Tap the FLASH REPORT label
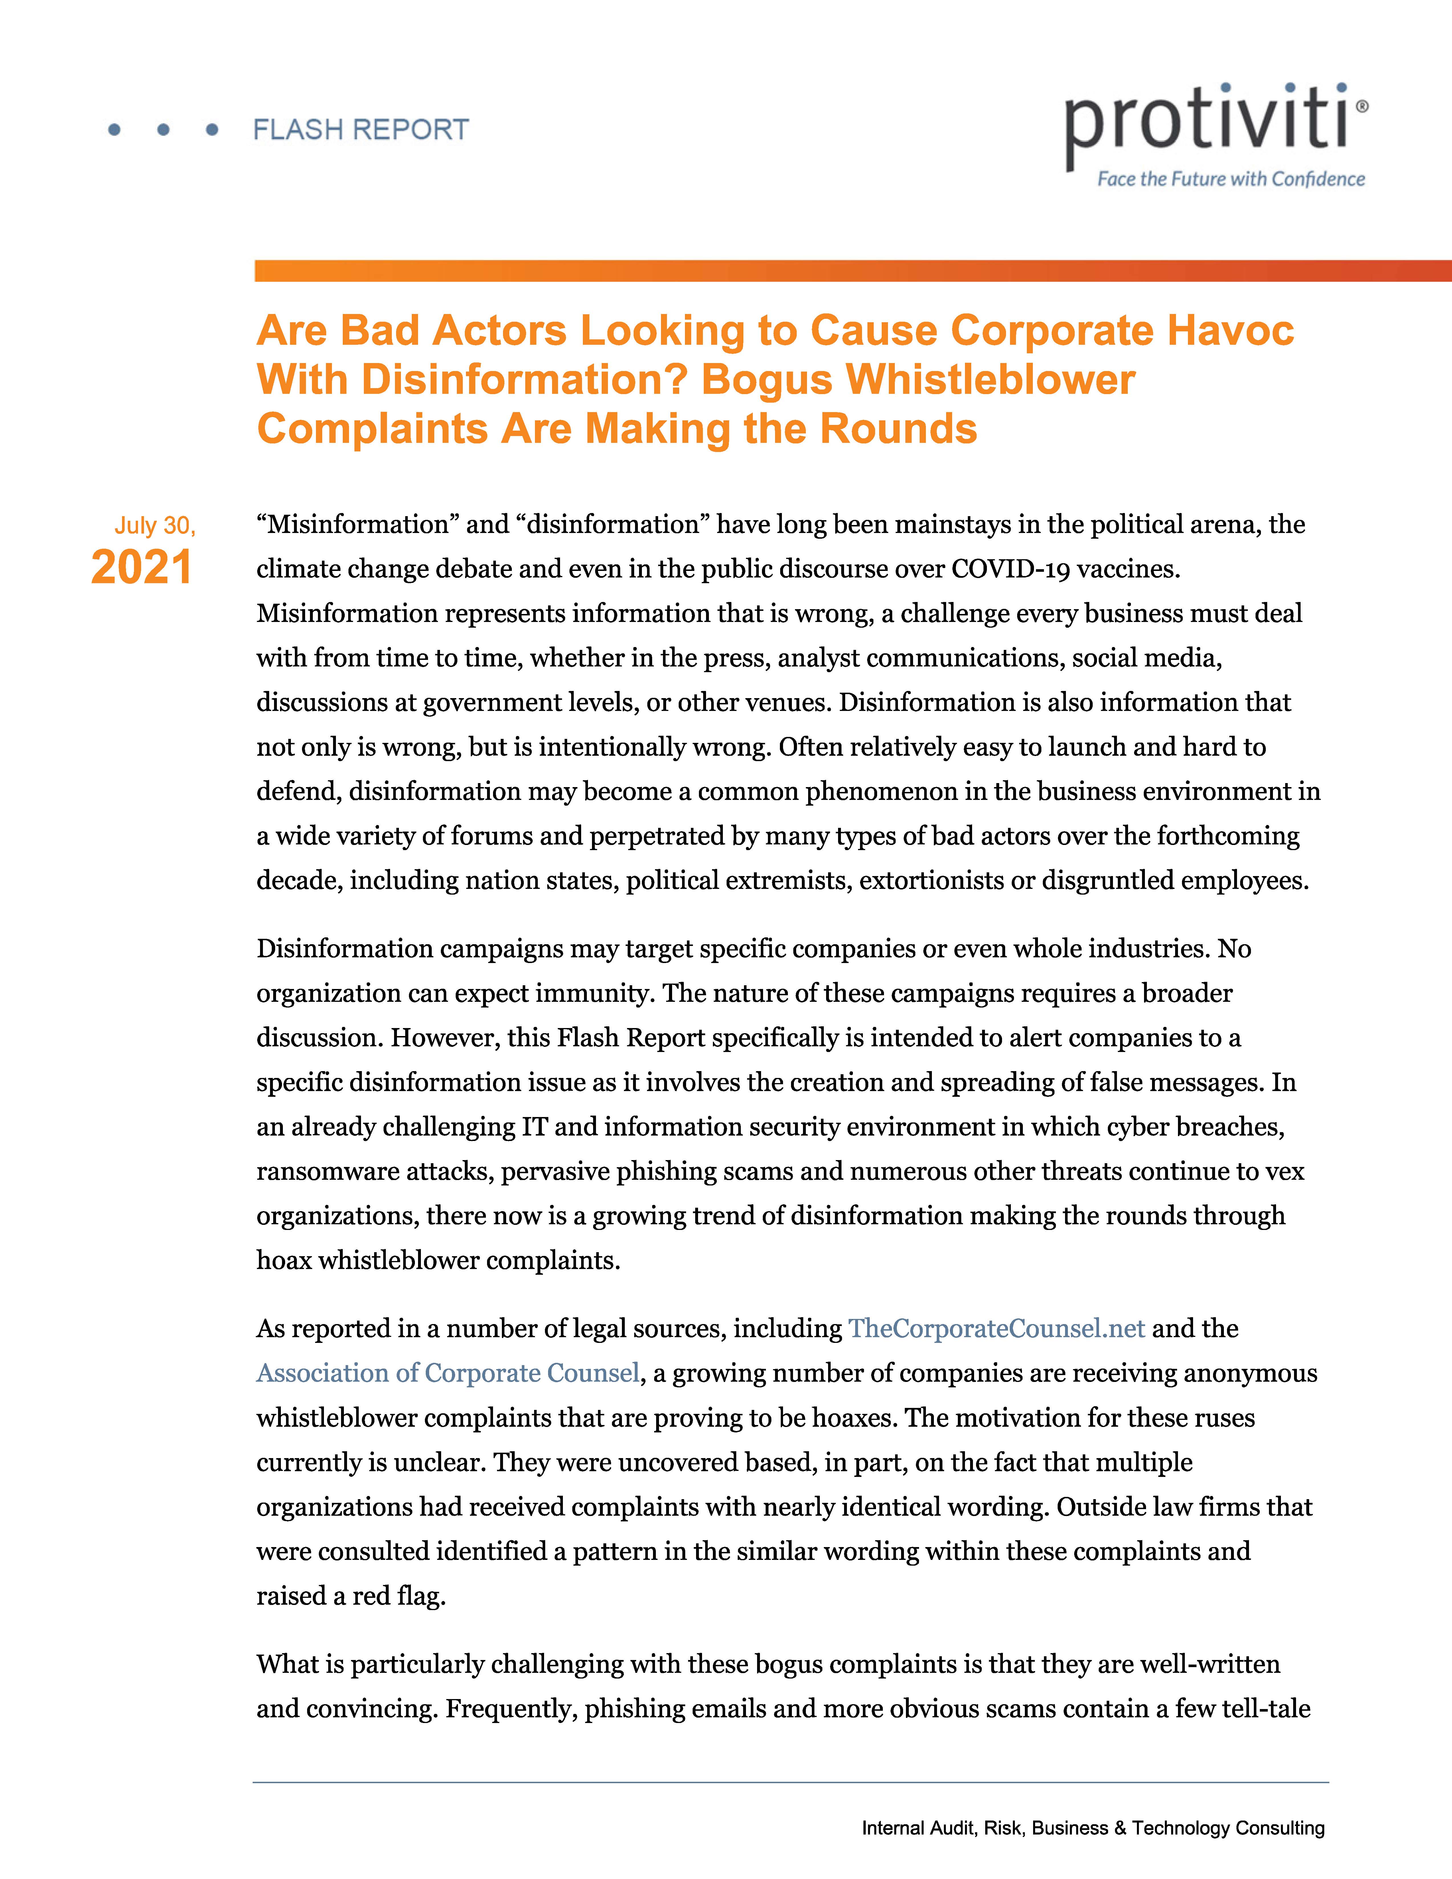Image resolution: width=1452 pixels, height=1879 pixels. point(360,130)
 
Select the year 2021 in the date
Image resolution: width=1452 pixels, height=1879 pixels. point(142,568)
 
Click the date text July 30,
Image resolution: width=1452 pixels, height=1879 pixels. point(155,526)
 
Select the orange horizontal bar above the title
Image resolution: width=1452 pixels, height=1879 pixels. point(851,271)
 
